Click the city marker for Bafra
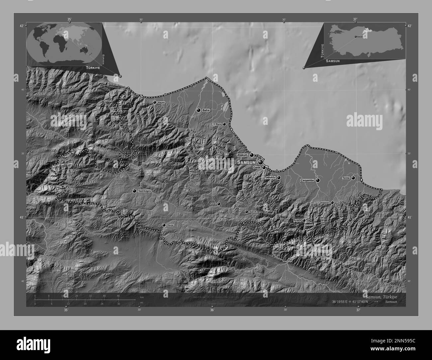(198, 110)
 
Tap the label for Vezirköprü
(144, 191)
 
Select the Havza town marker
(164, 225)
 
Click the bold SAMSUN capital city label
(246, 162)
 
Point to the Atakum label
(243, 155)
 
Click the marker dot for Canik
(264, 168)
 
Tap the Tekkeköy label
(270, 178)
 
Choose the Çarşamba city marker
(318, 180)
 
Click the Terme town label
(346, 178)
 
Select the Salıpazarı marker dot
(332, 202)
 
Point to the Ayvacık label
(297, 221)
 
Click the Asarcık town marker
(247, 212)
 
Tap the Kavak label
(213, 204)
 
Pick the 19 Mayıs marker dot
(224, 124)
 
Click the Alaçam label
(161, 103)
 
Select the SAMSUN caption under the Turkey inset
(333, 61)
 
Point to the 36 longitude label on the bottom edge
(212, 310)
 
